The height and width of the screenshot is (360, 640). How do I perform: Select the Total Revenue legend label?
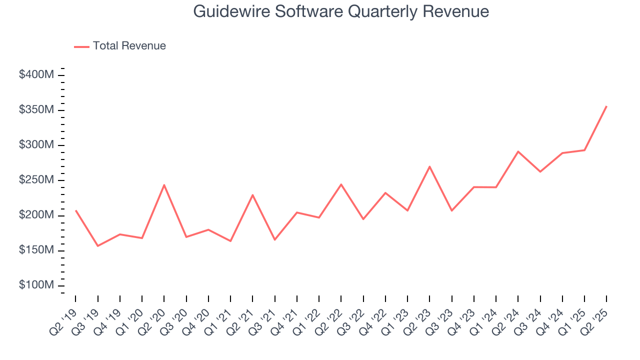129,46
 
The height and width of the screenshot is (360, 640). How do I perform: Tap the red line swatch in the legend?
81,46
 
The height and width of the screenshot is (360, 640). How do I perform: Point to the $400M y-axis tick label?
36,74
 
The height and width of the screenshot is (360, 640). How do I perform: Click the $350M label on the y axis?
36,109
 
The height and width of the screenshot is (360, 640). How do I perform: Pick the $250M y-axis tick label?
36,180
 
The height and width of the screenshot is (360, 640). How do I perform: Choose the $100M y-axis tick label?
36,285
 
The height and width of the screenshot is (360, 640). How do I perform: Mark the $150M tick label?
36,250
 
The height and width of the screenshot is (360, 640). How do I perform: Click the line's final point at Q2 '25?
606,106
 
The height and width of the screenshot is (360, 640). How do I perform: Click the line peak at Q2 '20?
164,185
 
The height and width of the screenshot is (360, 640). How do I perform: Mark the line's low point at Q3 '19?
97,246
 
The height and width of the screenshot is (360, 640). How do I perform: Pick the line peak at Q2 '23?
429,166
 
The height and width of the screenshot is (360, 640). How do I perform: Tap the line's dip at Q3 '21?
274,239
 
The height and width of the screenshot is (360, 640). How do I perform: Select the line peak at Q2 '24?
518,151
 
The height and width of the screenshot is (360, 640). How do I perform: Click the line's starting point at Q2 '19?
75,210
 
